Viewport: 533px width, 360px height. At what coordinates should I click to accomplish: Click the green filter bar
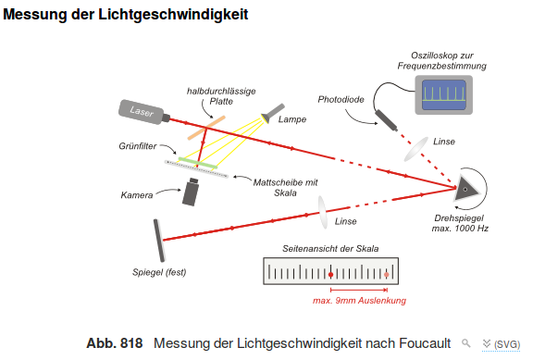(x=197, y=160)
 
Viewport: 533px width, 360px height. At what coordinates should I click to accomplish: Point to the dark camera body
(x=192, y=192)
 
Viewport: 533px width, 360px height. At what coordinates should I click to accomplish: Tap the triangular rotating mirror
(x=465, y=189)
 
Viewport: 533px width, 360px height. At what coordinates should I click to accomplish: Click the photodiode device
(x=385, y=118)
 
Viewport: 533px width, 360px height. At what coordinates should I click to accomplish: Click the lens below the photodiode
(x=415, y=149)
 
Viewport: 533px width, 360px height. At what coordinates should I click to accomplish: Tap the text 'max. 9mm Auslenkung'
(x=359, y=300)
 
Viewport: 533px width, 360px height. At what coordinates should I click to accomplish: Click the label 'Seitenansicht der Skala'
(x=331, y=248)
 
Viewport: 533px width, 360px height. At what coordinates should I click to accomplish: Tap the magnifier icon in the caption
(x=467, y=342)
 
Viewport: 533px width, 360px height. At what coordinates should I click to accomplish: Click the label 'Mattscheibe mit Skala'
(x=285, y=187)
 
